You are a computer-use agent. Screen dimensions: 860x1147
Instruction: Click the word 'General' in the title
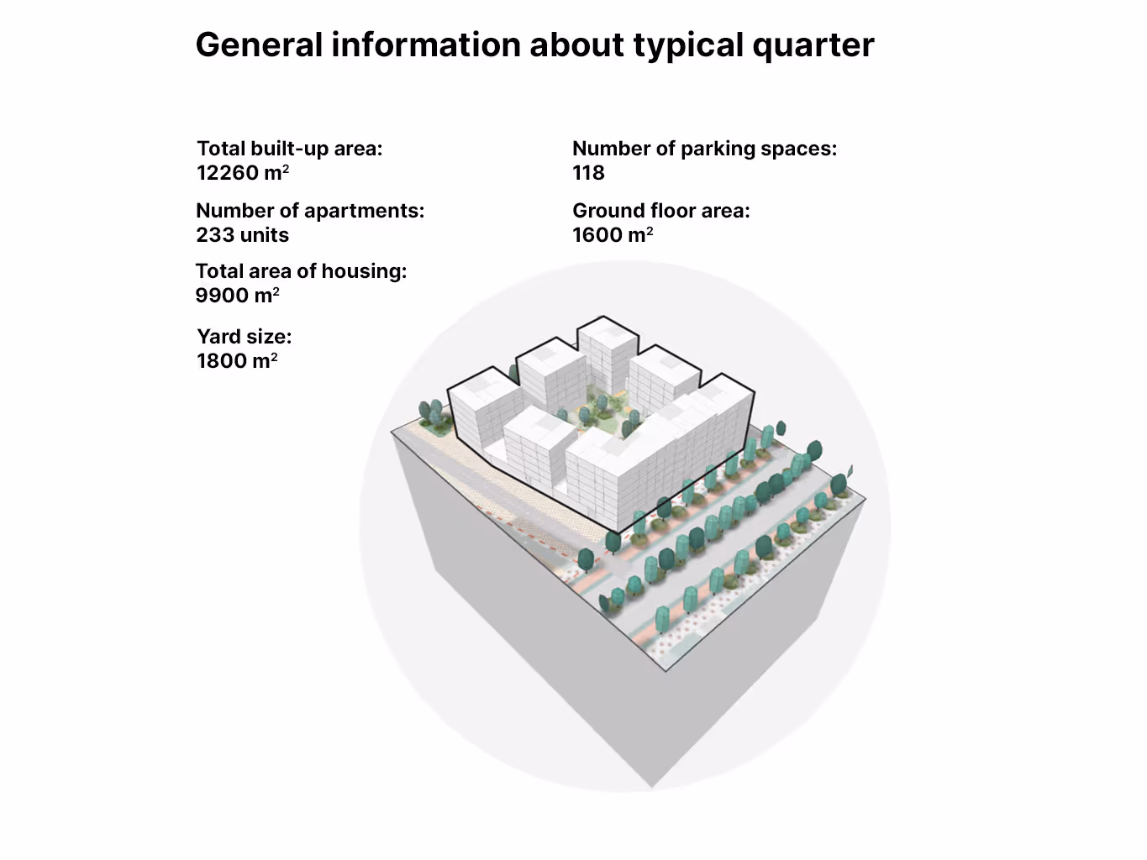pos(259,45)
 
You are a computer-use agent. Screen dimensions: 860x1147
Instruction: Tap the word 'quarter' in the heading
pos(813,45)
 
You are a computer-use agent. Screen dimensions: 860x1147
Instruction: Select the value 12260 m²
pos(243,173)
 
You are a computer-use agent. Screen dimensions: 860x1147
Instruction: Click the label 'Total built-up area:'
pos(289,149)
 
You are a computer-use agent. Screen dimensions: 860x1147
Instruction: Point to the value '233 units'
pos(242,235)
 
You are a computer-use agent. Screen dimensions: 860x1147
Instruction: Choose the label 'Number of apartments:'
pos(310,211)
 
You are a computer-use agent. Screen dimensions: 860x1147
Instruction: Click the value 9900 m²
pos(237,296)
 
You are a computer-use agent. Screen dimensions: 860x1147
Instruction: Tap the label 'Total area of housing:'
pos(301,271)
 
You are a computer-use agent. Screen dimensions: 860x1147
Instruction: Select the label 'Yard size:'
pos(244,337)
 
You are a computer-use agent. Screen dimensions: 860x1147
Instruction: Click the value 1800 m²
pos(237,361)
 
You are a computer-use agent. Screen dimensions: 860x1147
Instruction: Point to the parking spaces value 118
pos(588,173)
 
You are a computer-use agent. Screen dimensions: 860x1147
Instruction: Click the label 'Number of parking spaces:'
pos(704,149)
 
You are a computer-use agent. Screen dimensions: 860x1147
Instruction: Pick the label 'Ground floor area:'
pos(660,211)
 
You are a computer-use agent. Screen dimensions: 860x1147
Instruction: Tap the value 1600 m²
pos(613,235)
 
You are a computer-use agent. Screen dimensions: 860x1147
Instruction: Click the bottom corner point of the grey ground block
pos(651,786)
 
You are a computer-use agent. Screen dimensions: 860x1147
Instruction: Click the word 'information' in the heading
pos(425,45)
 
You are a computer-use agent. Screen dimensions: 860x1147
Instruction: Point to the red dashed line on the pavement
pos(538,532)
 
